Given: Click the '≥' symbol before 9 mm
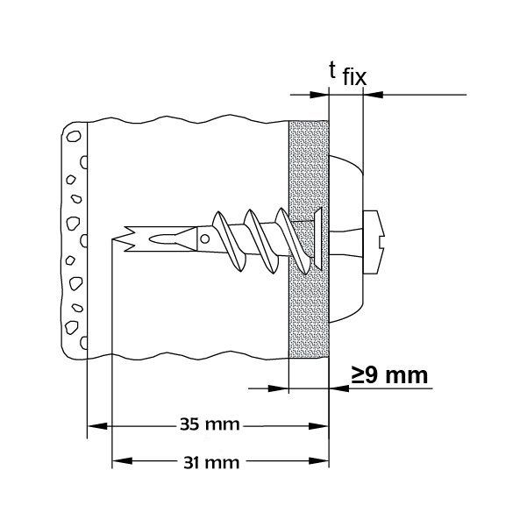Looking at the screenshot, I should [359, 377].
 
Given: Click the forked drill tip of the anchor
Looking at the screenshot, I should [125, 238].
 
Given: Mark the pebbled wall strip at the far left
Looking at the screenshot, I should [75, 237].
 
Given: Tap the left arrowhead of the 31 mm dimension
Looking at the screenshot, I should [121, 461].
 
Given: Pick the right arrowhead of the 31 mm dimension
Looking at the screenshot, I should [317, 461].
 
